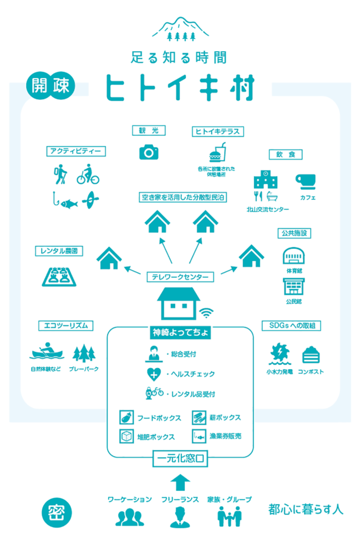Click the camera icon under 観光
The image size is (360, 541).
[x=149, y=152]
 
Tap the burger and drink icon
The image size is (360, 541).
[x=218, y=153]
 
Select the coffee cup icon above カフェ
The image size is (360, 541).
[x=306, y=182]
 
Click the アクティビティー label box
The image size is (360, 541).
[x=76, y=151]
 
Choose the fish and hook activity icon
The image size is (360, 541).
[x=65, y=200]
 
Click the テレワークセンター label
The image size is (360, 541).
[x=180, y=277]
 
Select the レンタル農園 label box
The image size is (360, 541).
[x=59, y=251]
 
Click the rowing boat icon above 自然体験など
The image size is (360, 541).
[x=47, y=351]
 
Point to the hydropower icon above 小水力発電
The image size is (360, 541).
[x=280, y=354]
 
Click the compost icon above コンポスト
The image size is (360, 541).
[x=311, y=355]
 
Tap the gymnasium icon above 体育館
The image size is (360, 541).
[x=294, y=256]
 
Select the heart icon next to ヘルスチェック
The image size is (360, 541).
[x=154, y=374]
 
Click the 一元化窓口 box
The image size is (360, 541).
[x=180, y=458]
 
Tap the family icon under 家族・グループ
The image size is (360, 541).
[x=229, y=517]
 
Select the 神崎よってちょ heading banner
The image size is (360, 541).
[x=180, y=332]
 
